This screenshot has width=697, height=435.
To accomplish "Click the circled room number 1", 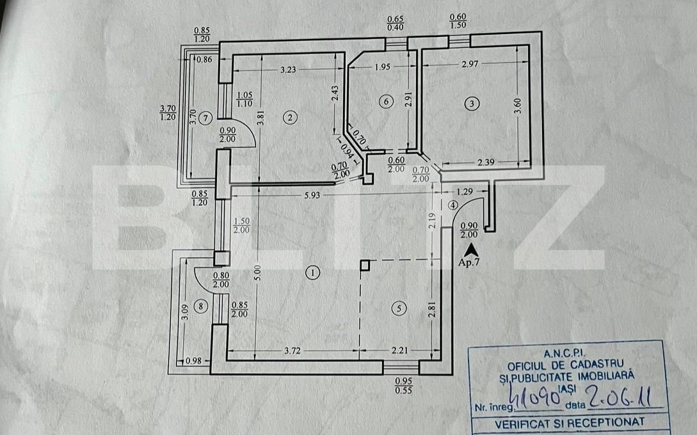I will [312, 273].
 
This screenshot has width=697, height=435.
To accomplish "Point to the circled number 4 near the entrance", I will [453, 205].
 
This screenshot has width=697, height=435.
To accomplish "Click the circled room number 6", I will [384, 101].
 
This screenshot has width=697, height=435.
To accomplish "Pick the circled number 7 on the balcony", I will [204, 117].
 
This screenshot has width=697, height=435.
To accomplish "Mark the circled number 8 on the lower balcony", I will [202, 307].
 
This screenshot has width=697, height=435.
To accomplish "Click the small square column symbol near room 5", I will [364, 265].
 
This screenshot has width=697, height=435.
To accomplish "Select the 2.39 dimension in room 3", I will [486, 162].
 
